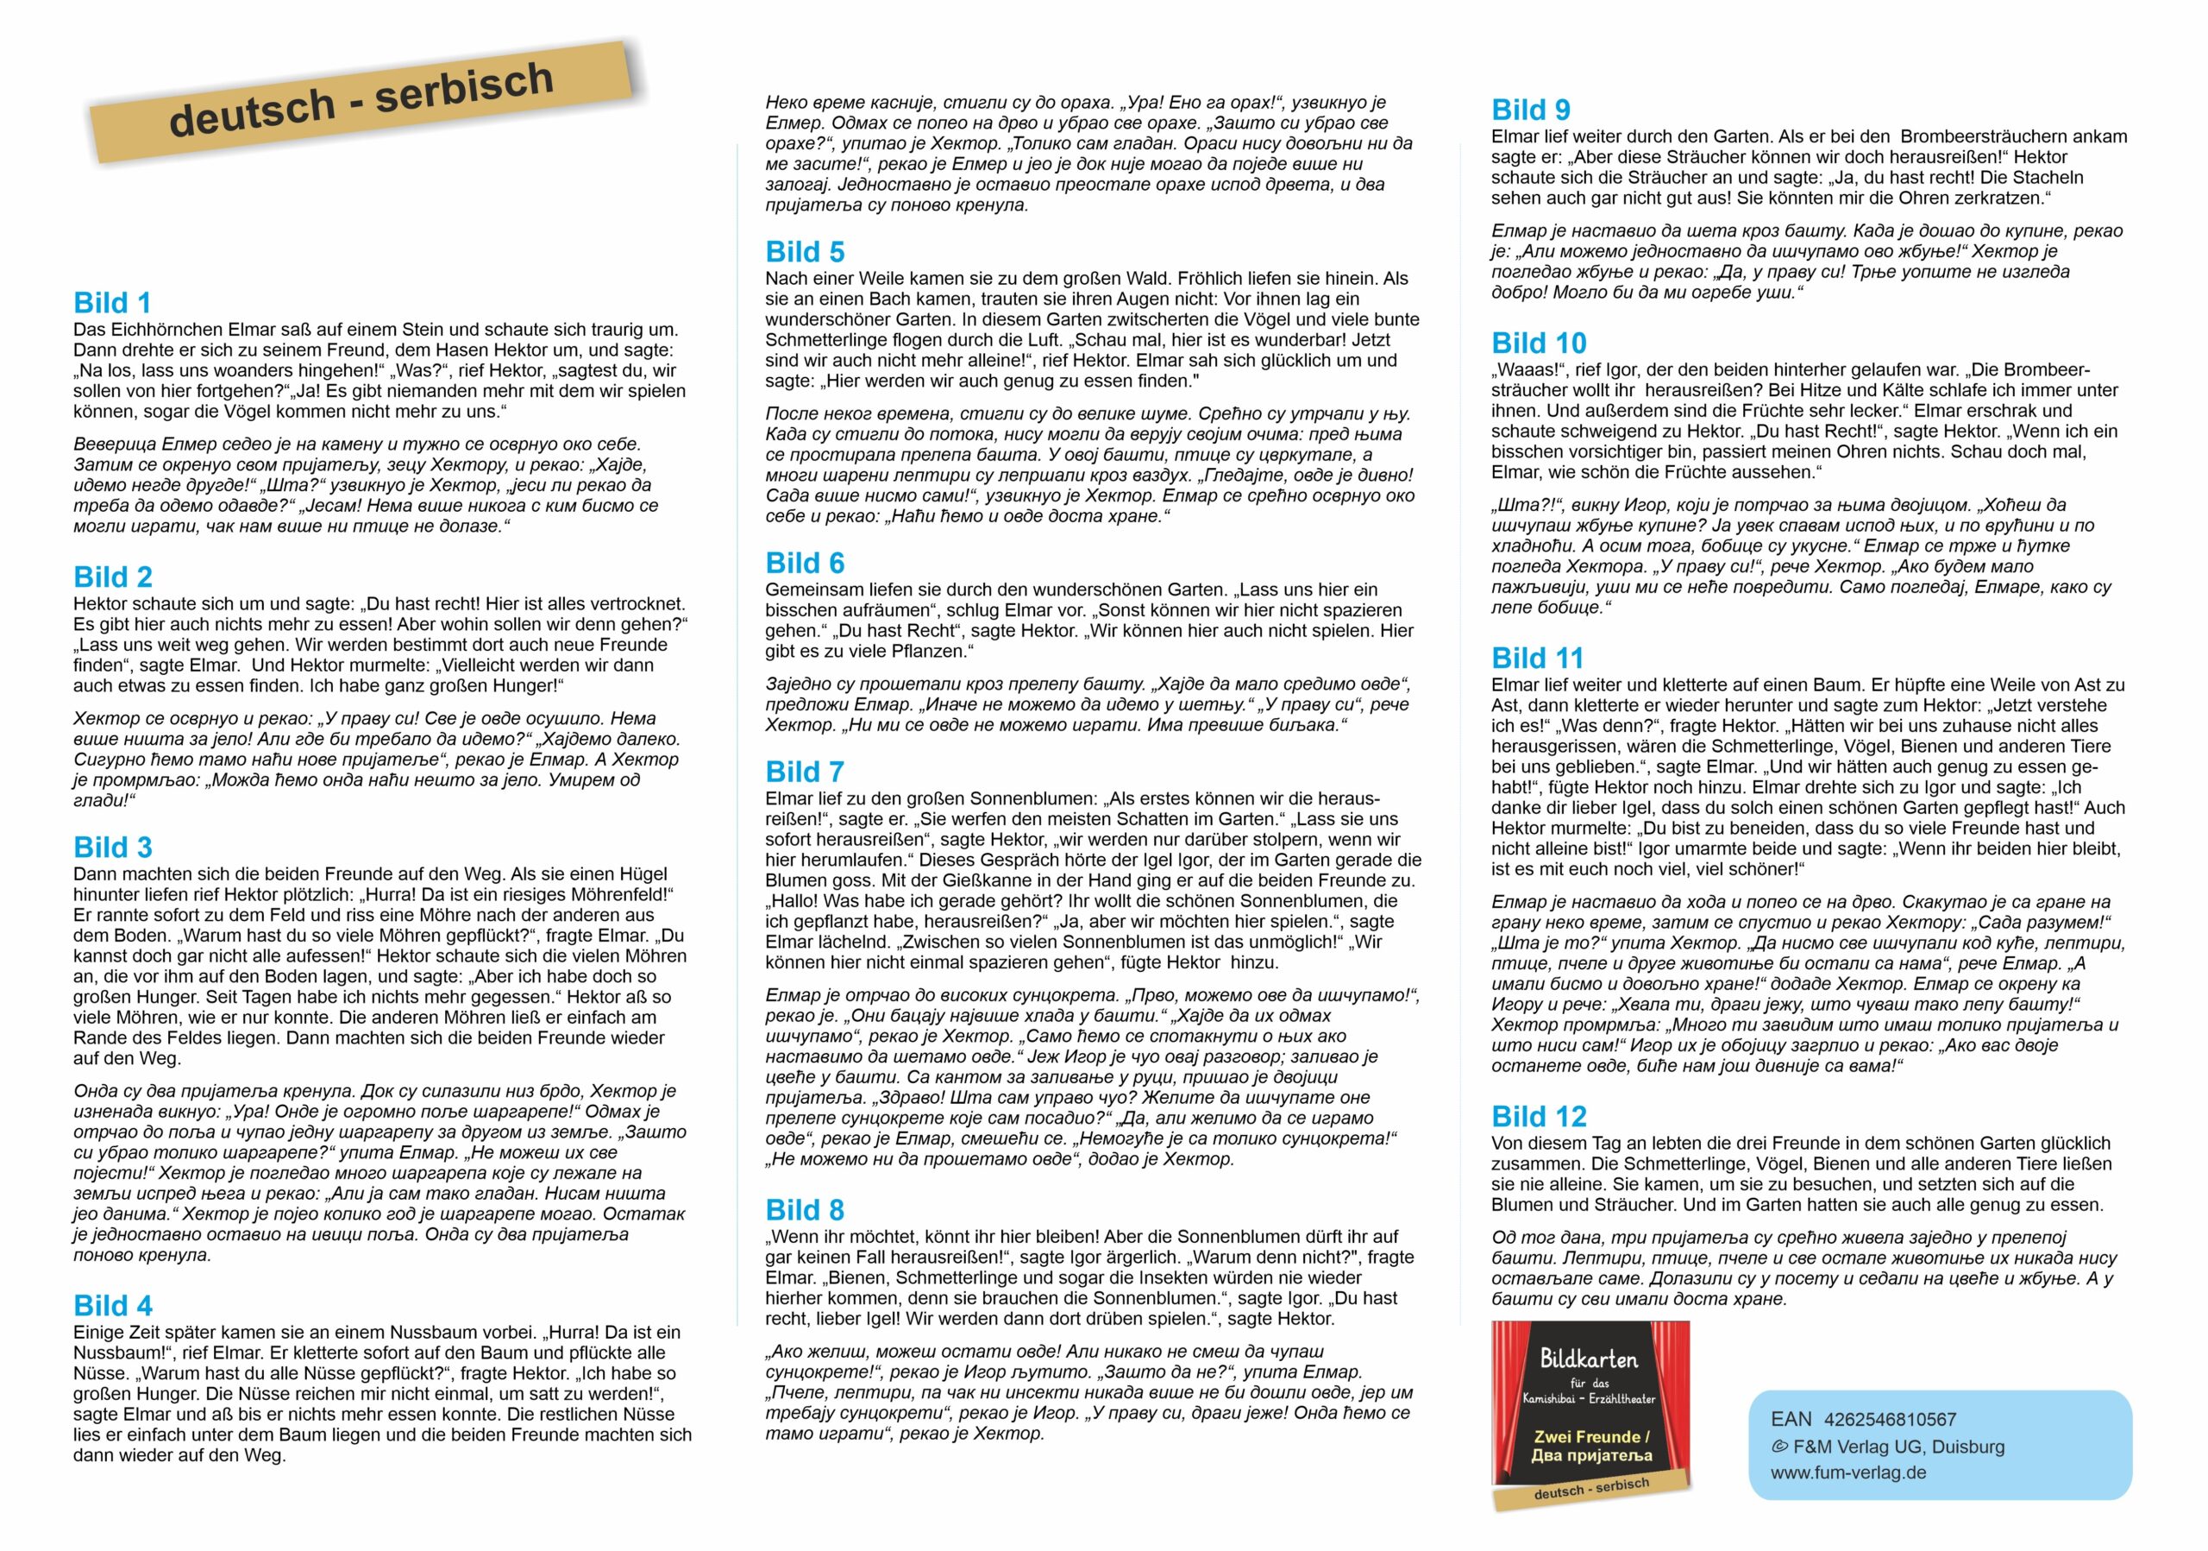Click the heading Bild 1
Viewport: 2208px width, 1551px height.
coord(112,303)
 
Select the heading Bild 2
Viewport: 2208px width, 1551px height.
coord(112,577)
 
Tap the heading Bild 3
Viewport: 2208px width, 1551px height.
coord(112,848)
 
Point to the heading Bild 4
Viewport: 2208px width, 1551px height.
coord(112,1306)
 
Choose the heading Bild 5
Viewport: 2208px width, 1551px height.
coord(805,252)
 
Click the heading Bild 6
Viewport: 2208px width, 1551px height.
coord(805,563)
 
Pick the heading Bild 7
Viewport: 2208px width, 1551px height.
coord(805,772)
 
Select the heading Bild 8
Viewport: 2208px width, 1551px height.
coord(805,1210)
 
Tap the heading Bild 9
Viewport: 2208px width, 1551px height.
coord(1531,110)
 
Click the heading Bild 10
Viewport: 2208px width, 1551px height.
coord(1539,344)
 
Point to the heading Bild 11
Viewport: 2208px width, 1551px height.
coord(1537,658)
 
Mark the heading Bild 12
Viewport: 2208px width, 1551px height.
coord(1539,1117)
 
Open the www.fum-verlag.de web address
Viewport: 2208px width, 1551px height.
coord(1848,1473)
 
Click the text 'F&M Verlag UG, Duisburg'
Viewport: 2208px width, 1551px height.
coord(1898,1446)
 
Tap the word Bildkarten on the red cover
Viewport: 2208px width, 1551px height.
coord(1589,1359)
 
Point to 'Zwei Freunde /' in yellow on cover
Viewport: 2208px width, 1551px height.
coord(1591,1436)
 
